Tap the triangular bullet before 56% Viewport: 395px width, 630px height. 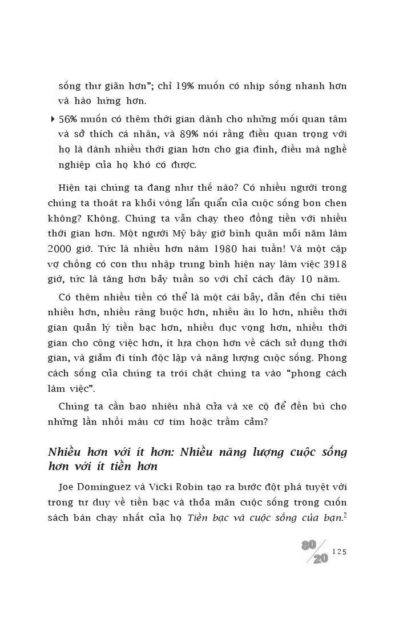click(x=53, y=119)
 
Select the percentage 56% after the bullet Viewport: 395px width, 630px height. click(x=68, y=119)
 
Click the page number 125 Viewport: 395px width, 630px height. click(x=339, y=551)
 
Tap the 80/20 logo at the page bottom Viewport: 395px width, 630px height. click(x=315, y=552)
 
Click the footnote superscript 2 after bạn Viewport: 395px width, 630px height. click(x=345, y=515)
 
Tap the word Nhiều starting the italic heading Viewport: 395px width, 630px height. click(x=67, y=452)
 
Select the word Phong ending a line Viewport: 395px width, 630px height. click(x=332, y=358)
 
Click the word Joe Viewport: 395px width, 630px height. click(x=67, y=487)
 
